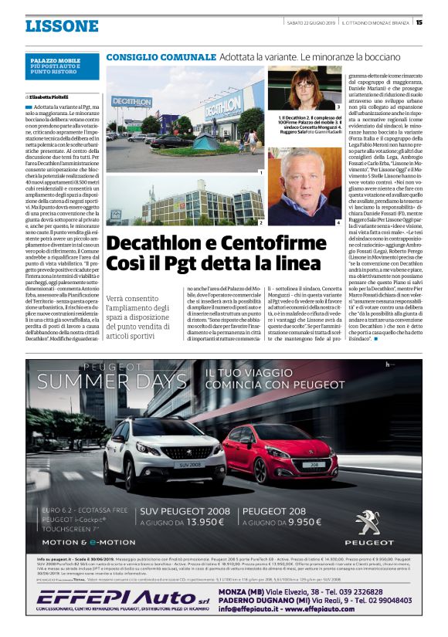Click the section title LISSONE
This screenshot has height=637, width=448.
[x=62, y=26]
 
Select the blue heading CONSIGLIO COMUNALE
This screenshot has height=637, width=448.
[x=160, y=58]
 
